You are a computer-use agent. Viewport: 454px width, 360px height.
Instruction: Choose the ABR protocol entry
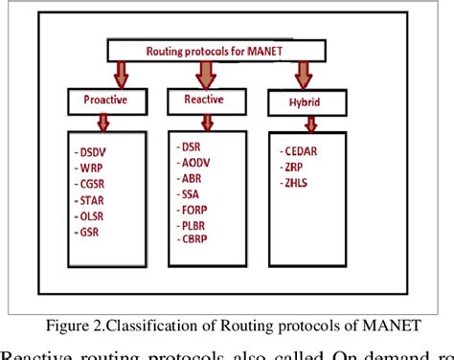193,178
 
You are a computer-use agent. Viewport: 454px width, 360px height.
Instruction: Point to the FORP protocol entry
195,210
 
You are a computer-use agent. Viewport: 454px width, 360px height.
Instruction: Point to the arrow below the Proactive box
103,123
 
